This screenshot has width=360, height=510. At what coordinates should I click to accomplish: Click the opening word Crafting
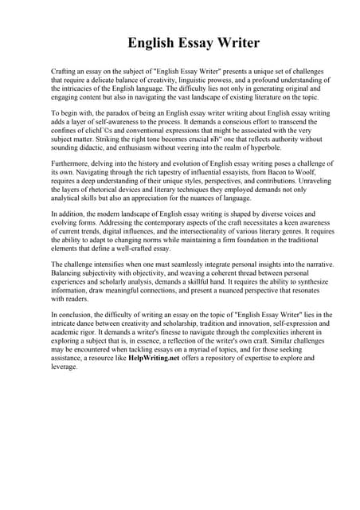tap(65, 72)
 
